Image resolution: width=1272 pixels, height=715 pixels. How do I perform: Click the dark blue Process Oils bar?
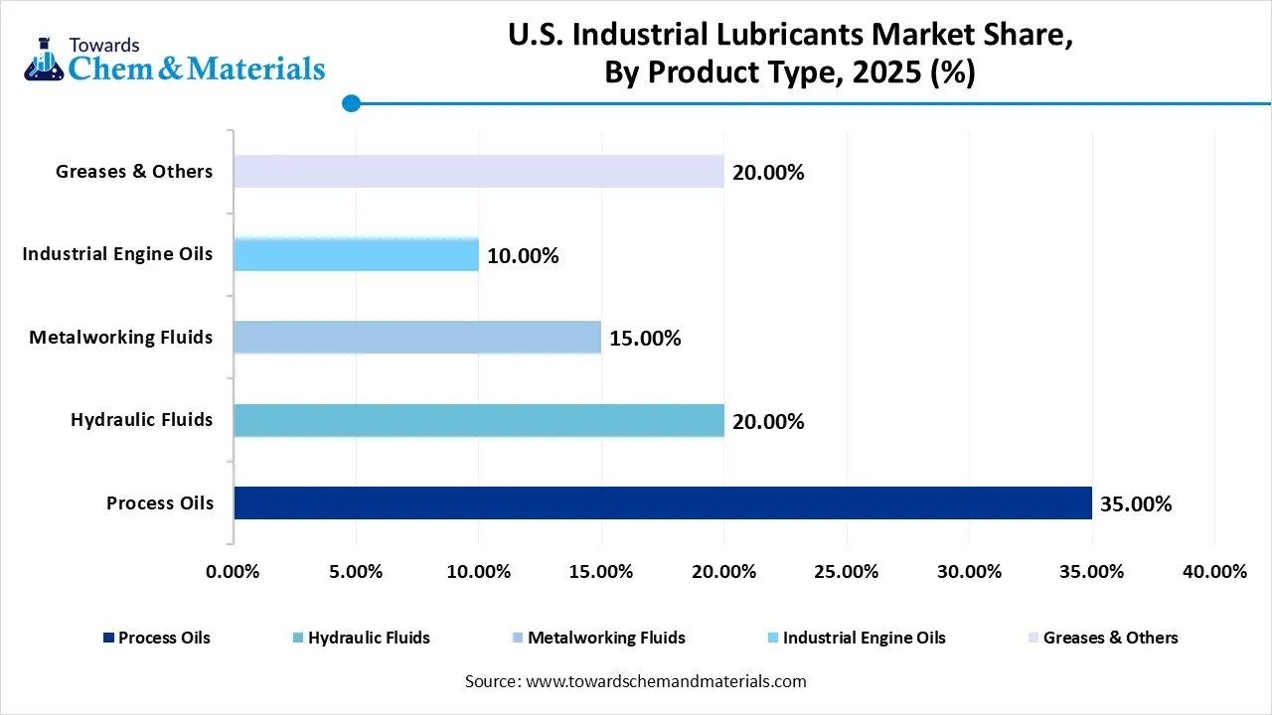(x=663, y=502)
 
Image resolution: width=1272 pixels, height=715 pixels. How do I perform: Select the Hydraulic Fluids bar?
(x=478, y=420)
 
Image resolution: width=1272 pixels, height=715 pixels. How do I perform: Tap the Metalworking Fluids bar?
(x=417, y=338)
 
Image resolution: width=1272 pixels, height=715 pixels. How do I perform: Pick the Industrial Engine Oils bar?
(x=356, y=254)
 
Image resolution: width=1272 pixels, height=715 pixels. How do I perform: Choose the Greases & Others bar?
(x=478, y=172)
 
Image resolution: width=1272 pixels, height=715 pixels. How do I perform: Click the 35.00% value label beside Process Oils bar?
(x=1136, y=504)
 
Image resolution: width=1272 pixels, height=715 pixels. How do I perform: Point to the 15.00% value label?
(x=645, y=339)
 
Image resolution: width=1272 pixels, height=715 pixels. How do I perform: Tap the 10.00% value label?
(x=523, y=256)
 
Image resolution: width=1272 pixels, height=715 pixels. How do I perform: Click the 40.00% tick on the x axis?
(x=1214, y=572)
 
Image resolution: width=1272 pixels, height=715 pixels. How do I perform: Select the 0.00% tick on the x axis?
(x=233, y=572)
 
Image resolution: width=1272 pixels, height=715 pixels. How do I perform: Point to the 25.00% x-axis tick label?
(x=846, y=572)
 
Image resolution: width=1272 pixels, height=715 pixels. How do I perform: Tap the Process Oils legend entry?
(x=156, y=638)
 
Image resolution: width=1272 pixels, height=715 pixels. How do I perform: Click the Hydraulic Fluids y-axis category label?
(x=141, y=420)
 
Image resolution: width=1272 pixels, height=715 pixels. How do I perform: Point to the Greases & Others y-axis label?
(x=134, y=172)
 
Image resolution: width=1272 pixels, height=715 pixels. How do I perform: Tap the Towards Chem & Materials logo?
(x=174, y=60)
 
